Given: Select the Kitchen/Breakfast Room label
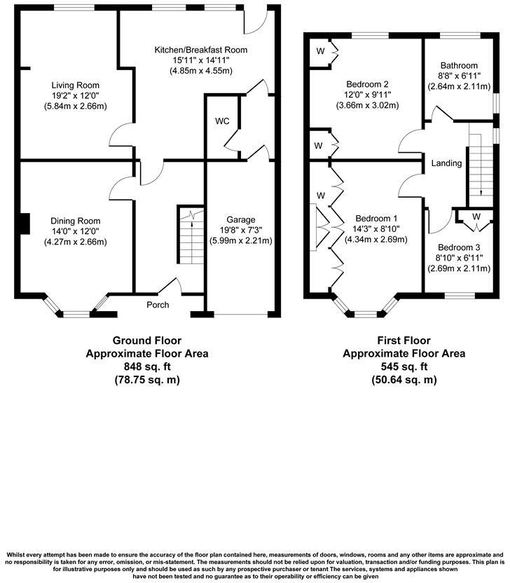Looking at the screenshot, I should pyautogui.click(x=201, y=50).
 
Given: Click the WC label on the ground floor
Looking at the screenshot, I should pyautogui.click(x=221, y=121).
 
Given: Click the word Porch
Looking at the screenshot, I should pyautogui.click(x=158, y=305).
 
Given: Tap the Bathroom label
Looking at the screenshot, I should pyautogui.click(x=458, y=65).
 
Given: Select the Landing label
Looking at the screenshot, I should pyautogui.click(x=447, y=163).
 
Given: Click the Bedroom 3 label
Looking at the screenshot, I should pyautogui.click(x=459, y=247).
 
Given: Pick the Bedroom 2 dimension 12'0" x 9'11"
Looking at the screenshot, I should pyautogui.click(x=361, y=95).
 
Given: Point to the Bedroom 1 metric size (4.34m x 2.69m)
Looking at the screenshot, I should pyautogui.click(x=376, y=240).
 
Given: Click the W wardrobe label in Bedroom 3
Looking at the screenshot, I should pyautogui.click(x=476, y=216).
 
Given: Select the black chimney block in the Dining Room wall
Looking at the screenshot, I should pyautogui.click(x=25, y=224).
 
